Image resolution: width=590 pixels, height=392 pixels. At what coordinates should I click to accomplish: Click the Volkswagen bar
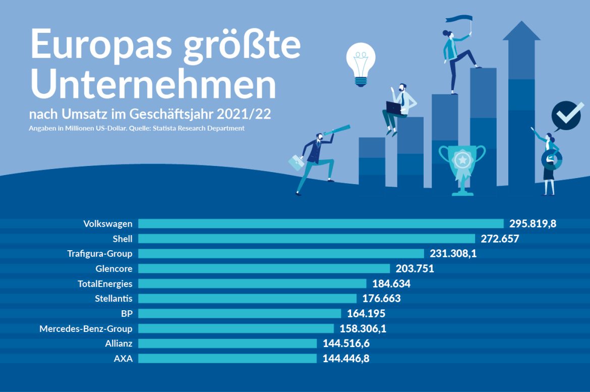321,223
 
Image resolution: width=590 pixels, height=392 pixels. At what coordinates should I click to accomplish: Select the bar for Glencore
264,268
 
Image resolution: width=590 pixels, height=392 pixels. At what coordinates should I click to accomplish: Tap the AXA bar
227,359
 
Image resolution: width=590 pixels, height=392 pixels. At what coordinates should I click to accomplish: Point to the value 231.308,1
453,253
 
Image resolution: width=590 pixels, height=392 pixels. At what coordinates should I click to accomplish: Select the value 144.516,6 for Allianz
349,344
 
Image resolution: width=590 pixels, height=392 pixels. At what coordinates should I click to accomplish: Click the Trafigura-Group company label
100,253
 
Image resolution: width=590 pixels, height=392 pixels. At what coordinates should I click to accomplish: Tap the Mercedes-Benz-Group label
86,329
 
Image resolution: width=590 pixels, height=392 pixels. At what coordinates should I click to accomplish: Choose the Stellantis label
113,299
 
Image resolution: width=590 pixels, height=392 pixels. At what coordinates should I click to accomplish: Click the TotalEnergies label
105,284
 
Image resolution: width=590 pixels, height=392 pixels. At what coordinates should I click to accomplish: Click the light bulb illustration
361,63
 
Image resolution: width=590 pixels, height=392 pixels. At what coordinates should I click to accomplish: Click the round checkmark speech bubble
567,116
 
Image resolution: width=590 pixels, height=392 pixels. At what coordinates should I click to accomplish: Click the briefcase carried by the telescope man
296,162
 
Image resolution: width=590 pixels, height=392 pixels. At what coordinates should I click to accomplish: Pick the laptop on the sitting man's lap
393,107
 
